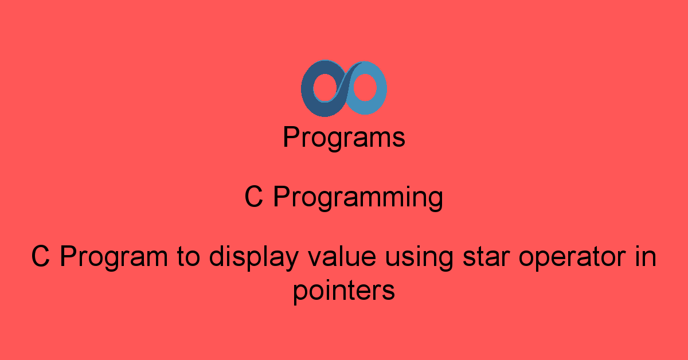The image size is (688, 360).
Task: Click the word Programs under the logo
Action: (344, 138)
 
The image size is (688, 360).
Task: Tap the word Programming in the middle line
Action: (358, 197)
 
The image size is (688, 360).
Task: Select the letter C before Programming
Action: (253, 197)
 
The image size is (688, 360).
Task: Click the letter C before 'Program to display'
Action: (41, 256)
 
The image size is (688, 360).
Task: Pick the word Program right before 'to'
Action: (114, 257)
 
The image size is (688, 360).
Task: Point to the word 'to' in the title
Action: (188, 257)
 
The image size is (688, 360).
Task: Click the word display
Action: (254, 257)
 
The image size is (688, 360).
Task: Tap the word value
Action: (342, 256)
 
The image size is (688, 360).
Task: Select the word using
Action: (419, 257)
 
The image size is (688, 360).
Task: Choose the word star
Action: (486, 257)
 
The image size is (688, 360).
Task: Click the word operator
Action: (572, 257)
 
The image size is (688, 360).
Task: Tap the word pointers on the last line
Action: (344, 291)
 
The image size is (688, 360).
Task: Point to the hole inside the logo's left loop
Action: (325, 88)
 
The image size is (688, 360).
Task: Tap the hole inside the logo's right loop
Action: (365, 88)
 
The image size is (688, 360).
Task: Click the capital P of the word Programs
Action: (291, 136)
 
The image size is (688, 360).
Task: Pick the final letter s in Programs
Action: (398, 139)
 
